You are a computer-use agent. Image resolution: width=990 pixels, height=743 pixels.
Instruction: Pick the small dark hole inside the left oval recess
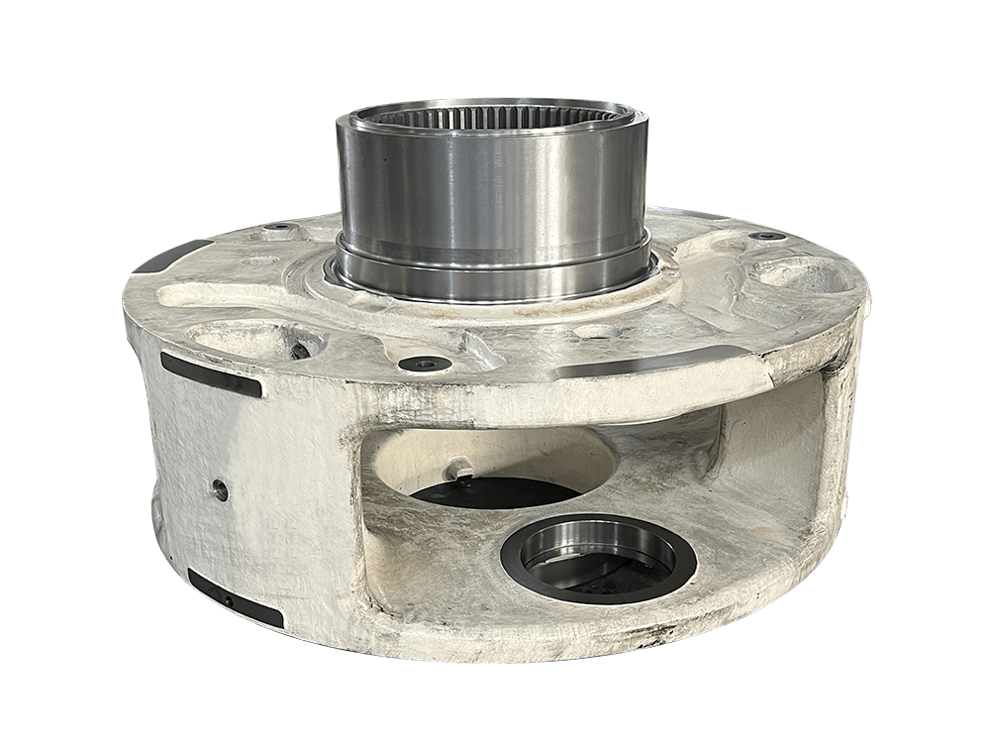pos(296,348)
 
